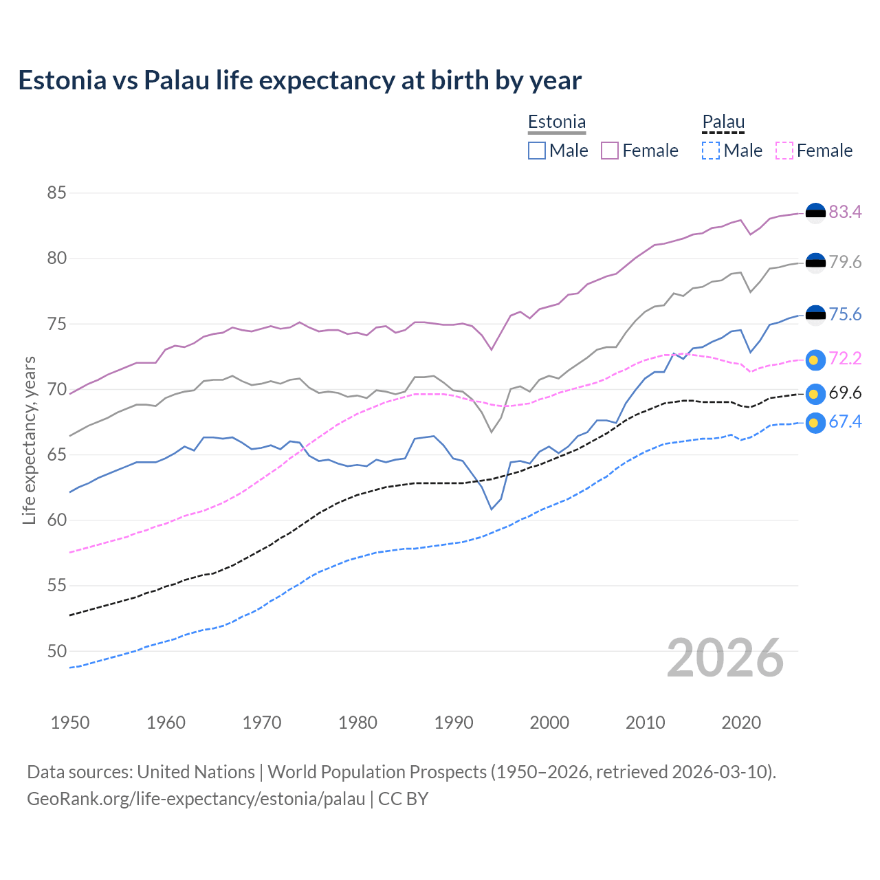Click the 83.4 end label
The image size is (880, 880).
845,212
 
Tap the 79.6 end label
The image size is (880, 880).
845,263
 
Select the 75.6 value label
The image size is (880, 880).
845,315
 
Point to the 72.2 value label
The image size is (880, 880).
845,359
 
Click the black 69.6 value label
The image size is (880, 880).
845,393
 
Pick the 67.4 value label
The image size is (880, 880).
845,422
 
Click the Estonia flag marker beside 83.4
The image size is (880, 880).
815,213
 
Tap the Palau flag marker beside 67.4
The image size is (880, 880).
815,423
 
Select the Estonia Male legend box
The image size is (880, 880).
537,151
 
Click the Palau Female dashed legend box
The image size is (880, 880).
784,151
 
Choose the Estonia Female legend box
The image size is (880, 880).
610,151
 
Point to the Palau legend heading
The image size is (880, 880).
723,122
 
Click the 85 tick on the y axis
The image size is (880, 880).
56,193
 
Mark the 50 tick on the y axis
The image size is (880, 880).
56,651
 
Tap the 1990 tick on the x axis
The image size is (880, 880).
454,723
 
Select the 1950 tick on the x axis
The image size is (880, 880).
70,723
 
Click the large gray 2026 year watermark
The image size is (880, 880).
725,658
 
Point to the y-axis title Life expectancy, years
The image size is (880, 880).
30,440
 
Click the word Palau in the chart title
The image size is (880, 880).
176,80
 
